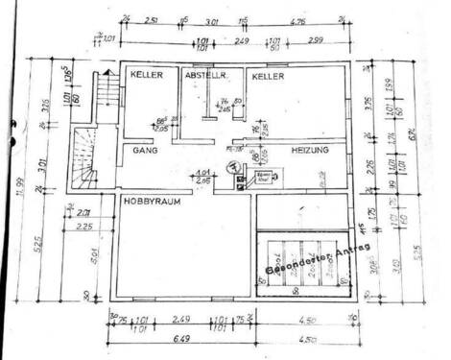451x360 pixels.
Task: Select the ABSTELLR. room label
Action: (x=205, y=75)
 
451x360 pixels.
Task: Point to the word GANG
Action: (x=145, y=151)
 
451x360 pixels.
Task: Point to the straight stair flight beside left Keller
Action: (x=106, y=96)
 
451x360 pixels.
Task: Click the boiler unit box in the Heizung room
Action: (x=264, y=177)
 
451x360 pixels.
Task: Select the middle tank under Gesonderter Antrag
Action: (x=304, y=261)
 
